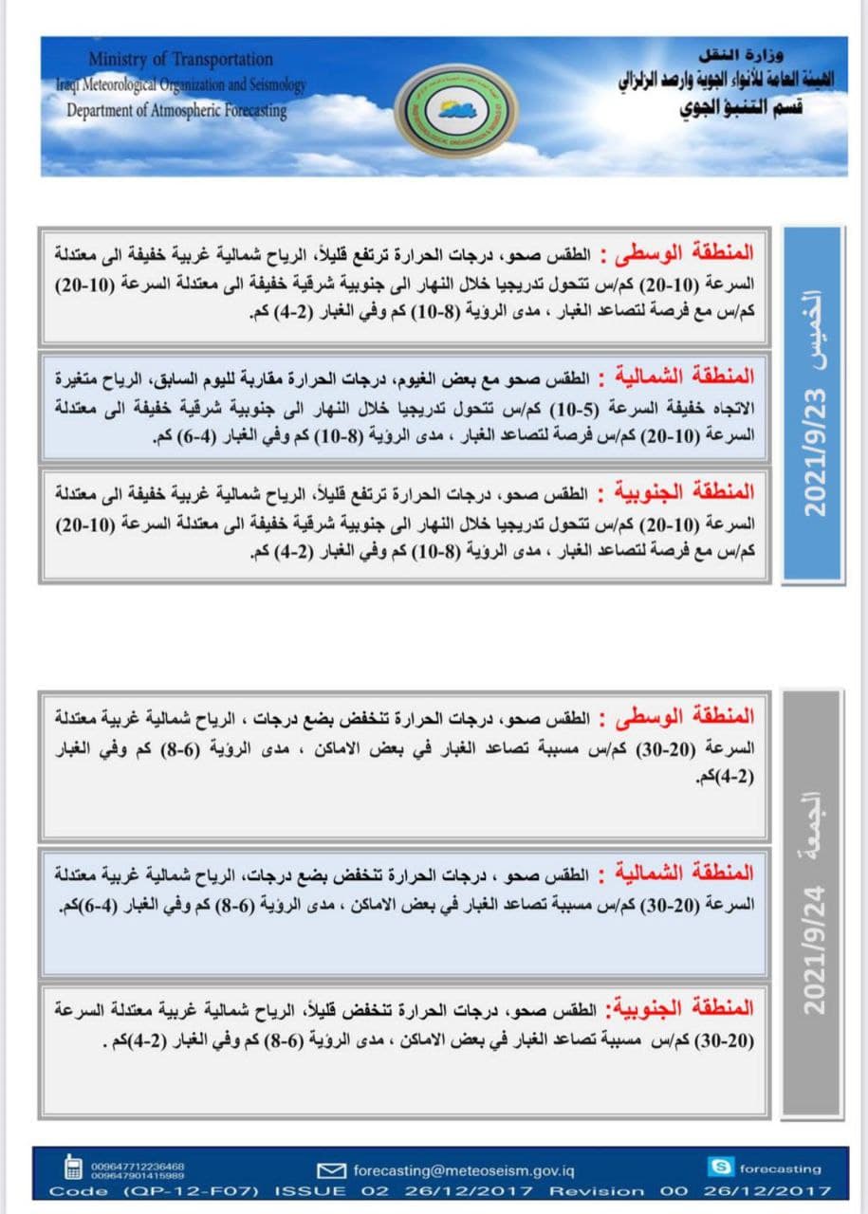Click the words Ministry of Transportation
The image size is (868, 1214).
(x=180, y=60)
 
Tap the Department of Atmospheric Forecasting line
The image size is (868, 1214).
(x=176, y=110)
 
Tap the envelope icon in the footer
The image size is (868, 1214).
(x=330, y=1169)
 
